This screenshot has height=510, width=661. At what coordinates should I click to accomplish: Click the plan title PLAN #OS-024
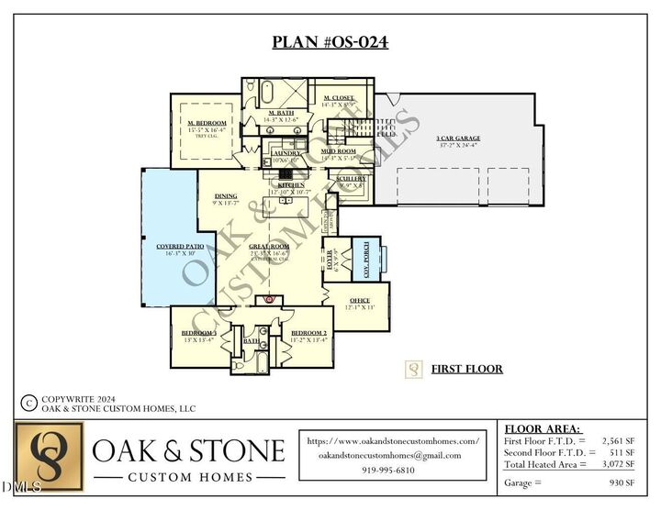coord(330,42)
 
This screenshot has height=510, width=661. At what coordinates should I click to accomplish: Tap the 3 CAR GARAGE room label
coord(457,139)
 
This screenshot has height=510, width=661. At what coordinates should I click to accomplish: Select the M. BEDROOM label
coord(207,123)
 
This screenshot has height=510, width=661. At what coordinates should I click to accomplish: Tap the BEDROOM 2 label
coord(308,333)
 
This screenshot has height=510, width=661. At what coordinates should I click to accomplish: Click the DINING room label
coord(226,195)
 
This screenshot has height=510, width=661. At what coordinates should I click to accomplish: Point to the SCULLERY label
coord(351,179)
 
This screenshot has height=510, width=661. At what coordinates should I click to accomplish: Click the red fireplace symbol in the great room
coord(269,299)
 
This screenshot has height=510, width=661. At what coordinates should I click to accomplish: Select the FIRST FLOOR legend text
coord(466,369)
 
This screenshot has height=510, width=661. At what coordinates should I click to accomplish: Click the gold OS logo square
coord(49,456)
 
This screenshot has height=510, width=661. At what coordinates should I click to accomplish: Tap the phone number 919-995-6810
coord(393,470)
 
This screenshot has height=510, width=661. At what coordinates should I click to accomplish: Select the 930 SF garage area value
coord(620,482)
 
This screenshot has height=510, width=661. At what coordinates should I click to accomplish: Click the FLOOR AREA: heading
coord(543,428)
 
